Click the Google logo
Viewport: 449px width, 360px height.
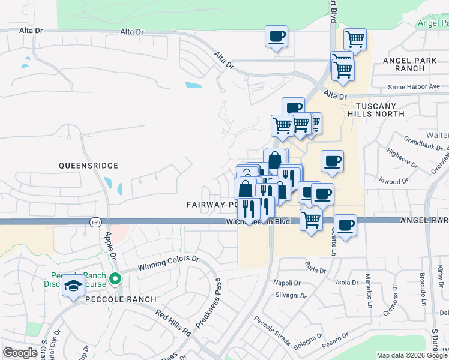pos(20,353)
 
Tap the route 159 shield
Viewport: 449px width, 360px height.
pos(95,222)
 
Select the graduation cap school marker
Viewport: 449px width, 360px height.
pos(73,287)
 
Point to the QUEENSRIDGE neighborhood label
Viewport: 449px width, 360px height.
pos(88,165)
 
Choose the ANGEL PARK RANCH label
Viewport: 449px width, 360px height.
pos(410,65)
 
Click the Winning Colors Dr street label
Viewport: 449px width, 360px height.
pos(168,262)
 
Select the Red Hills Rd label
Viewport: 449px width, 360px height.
pos(173,322)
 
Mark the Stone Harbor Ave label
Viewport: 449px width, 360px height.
pos(414,87)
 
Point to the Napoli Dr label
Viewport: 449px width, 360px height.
pos(286,283)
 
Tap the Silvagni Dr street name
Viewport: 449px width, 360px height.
pos(291,296)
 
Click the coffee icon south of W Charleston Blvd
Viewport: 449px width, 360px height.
pos(345,226)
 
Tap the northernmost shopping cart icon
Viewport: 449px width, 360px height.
pos(355,39)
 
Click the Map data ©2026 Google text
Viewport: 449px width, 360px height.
pos(412,355)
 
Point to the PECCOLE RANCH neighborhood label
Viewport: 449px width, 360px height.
pos(120,299)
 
